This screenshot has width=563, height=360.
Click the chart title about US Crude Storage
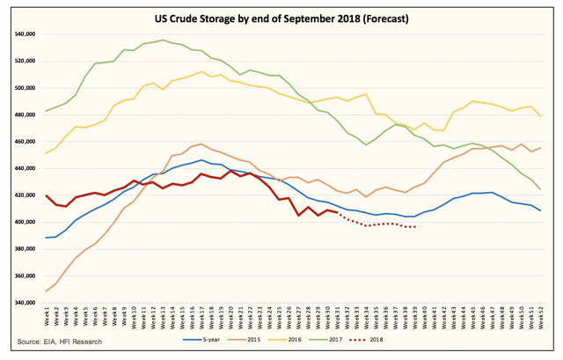click(x=281, y=18)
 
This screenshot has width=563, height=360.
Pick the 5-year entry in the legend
click(x=206, y=339)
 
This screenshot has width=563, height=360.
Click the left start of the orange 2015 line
click(x=46, y=291)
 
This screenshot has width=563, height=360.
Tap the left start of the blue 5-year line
click(x=46, y=238)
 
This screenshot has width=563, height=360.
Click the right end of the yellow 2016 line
click(x=539, y=116)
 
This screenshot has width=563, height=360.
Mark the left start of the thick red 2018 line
click(x=46, y=195)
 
